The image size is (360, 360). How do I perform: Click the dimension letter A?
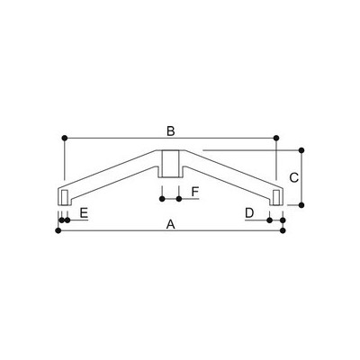[x=171, y=224]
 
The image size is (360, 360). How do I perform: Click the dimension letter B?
[x=171, y=131]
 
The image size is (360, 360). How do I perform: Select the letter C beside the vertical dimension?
[x=294, y=177]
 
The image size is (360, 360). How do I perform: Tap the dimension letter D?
[x=249, y=213]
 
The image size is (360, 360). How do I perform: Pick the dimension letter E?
[x=84, y=213]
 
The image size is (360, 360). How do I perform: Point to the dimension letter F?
[x=195, y=192]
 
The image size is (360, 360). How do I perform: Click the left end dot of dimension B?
[x=65, y=138]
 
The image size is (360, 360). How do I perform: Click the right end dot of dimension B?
[x=276, y=138]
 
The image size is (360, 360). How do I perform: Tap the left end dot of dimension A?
[x=58, y=230]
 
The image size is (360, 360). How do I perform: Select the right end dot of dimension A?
[x=283, y=230]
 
